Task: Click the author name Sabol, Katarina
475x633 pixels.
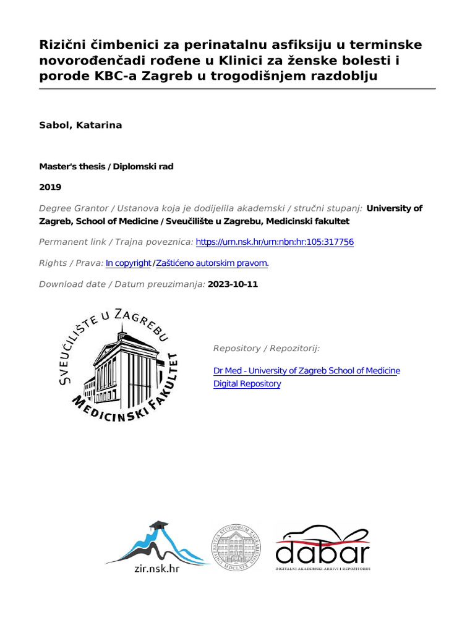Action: (x=80, y=125)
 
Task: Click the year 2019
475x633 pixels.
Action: (x=50, y=187)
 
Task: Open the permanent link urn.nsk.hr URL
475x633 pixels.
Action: (x=275, y=242)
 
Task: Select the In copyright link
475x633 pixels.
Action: (x=128, y=263)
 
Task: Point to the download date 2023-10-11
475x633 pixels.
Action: (x=233, y=284)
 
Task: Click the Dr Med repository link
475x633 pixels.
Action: (x=306, y=370)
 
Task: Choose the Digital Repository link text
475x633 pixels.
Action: (x=247, y=383)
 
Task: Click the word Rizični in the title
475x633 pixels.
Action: (x=62, y=45)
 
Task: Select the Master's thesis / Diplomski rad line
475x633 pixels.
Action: (x=107, y=166)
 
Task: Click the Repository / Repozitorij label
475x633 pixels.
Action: (x=266, y=349)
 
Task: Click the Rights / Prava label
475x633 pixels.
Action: (x=71, y=263)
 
